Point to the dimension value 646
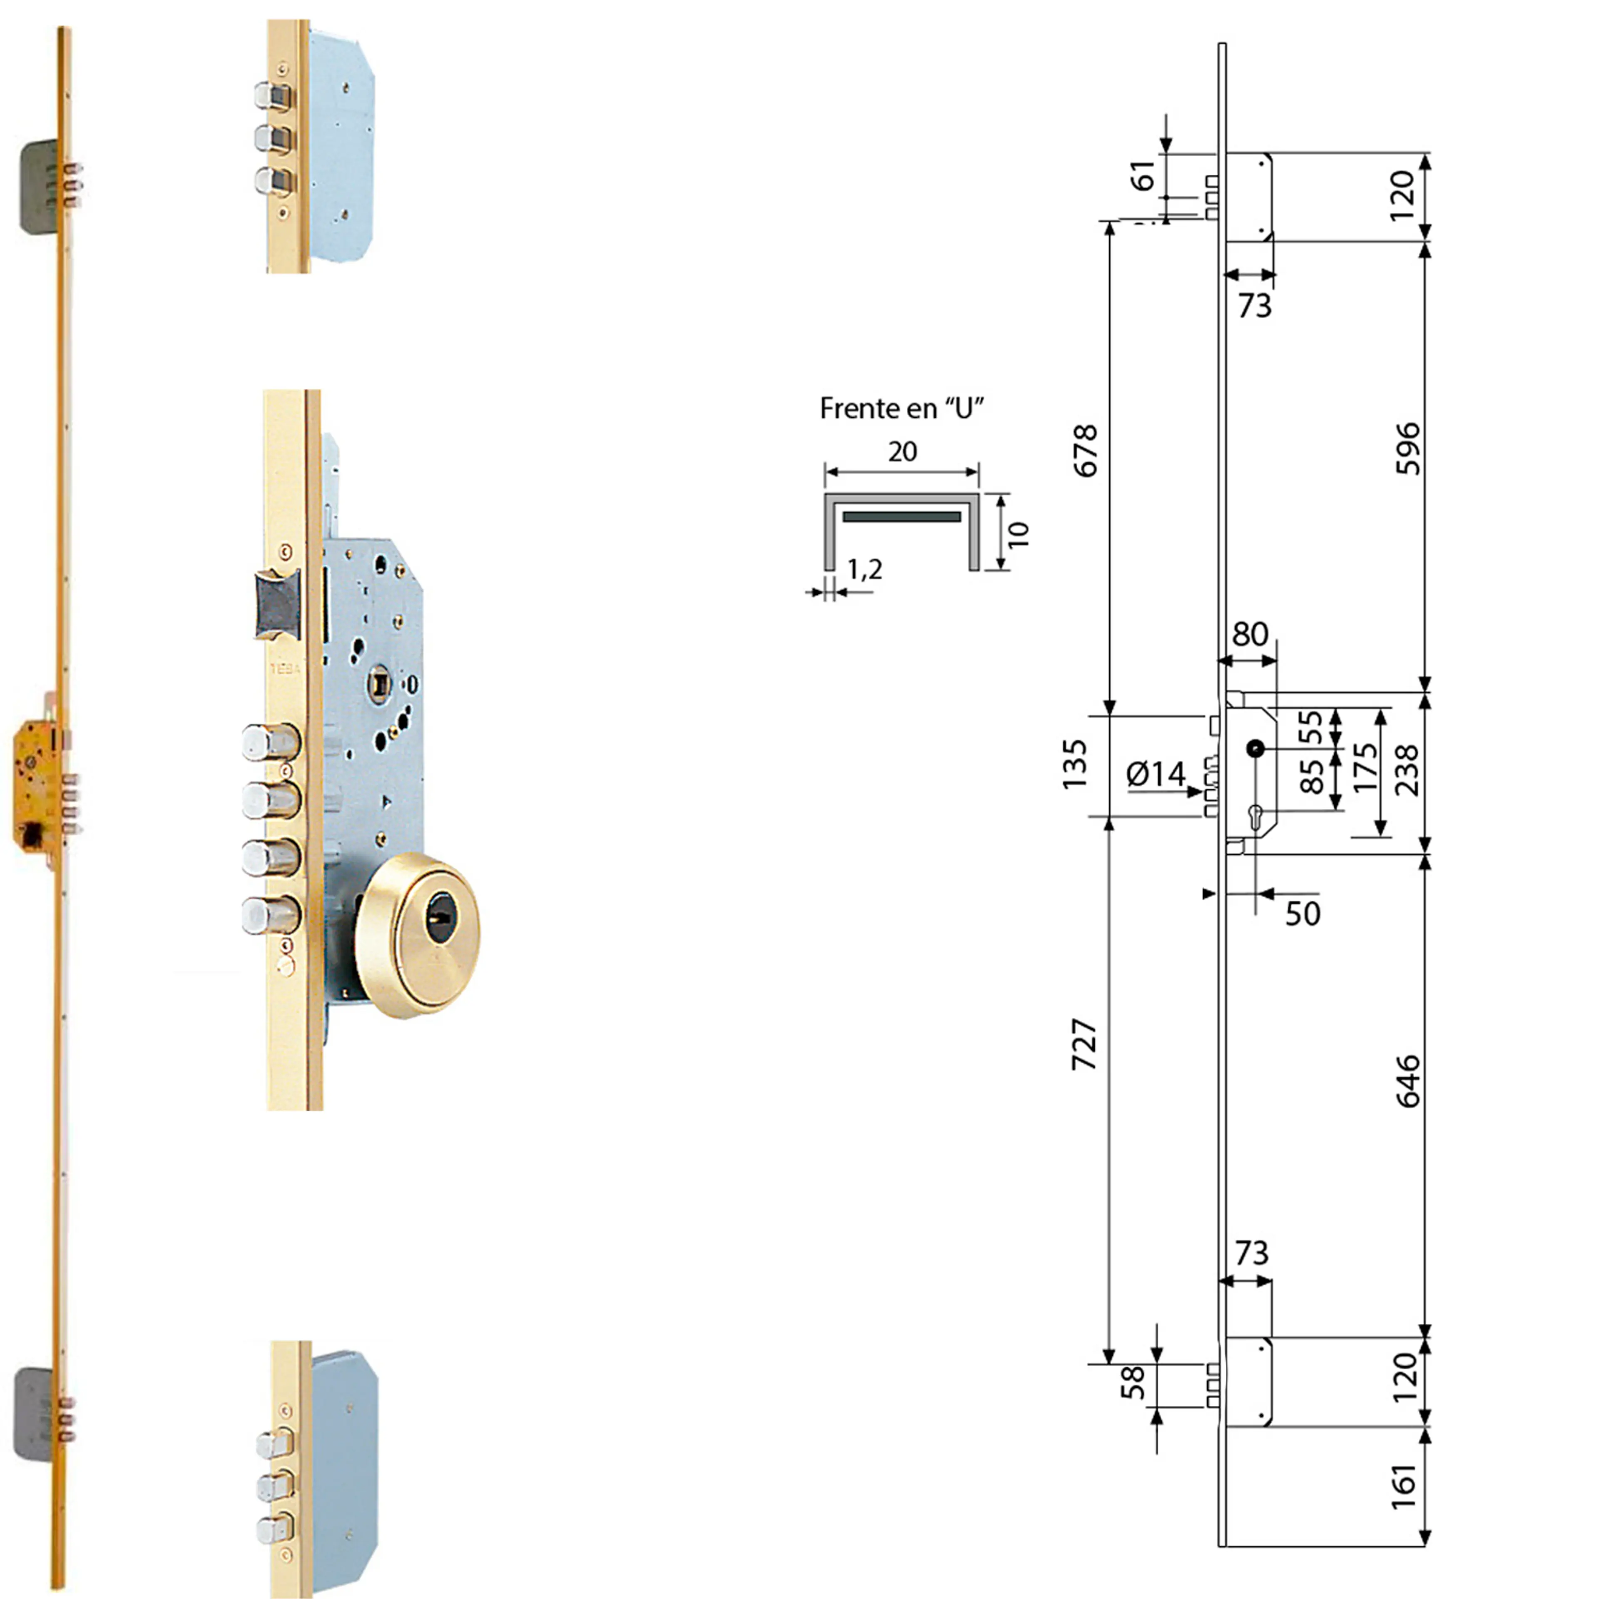(1407, 1081)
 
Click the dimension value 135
(1074, 765)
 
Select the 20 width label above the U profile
(902, 452)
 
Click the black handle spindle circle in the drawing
(1255, 749)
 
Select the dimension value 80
(1250, 635)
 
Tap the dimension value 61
(1145, 175)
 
